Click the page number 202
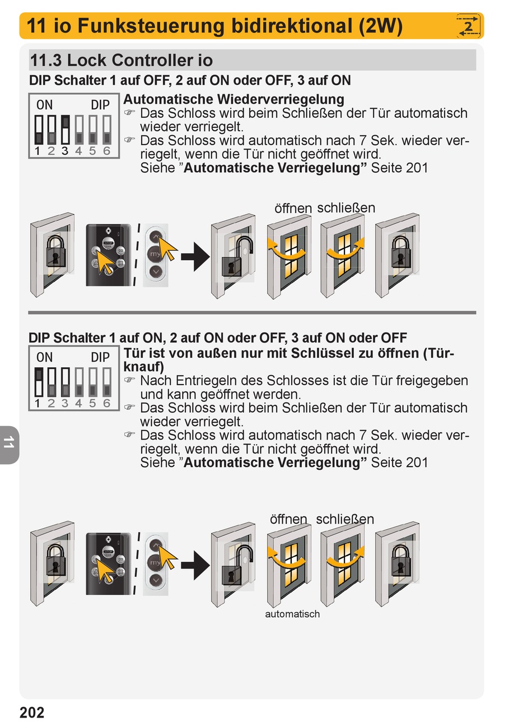click(x=32, y=712)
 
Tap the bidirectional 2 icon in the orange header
click(x=469, y=26)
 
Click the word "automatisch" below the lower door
click(x=292, y=614)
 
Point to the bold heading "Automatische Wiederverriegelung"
click(x=234, y=99)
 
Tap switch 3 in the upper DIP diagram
click(x=65, y=130)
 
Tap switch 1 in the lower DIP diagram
click(x=38, y=382)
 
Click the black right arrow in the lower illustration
click(x=195, y=565)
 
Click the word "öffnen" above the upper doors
click(x=293, y=209)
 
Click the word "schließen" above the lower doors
click(x=344, y=519)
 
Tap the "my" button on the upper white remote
click(x=156, y=255)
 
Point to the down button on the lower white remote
click(x=156, y=580)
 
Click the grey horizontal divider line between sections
click(x=252, y=312)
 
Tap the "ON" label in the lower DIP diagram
click(x=44, y=357)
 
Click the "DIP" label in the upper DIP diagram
click(x=100, y=105)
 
